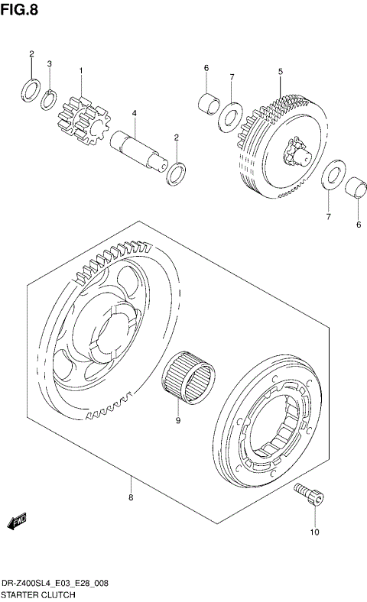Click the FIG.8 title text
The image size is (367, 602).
click(19, 9)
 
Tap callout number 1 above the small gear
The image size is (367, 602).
click(80, 71)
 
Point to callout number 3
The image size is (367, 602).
click(50, 63)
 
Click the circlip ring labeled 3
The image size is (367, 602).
click(49, 99)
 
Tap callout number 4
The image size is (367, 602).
click(133, 114)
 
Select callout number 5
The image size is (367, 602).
click(280, 71)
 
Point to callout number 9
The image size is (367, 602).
click(177, 419)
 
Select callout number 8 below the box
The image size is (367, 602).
click(131, 498)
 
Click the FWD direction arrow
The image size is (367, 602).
click(17, 522)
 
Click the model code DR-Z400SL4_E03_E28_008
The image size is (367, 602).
click(54, 583)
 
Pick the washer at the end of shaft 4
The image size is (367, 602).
click(176, 173)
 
